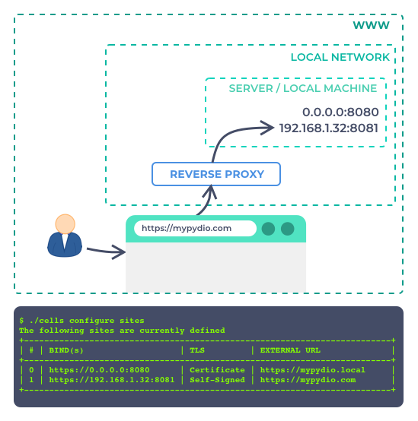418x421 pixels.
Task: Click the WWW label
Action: pos(371,25)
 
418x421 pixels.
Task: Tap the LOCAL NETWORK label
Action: pos(340,57)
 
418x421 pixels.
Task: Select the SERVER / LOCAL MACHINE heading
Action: pos(302,88)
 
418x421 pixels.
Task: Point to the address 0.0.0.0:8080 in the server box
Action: pos(340,112)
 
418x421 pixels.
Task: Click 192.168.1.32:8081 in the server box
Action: pos(329,128)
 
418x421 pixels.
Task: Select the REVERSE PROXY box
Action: pos(216,174)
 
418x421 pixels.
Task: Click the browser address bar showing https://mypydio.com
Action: pos(195,229)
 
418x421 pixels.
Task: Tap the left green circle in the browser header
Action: pos(268,229)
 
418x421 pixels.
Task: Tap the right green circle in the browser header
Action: pos(288,229)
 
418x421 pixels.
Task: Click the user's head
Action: pos(65,224)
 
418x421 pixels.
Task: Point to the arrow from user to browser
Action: pos(106,251)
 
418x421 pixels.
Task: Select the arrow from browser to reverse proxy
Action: pos(207,202)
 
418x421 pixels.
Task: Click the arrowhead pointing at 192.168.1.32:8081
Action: pos(266,128)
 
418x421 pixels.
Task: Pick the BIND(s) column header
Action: pos(66,350)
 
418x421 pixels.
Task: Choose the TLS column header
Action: pos(197,350)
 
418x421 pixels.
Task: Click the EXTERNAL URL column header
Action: pos(290,350)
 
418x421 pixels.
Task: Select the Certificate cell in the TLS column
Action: pos(217,370)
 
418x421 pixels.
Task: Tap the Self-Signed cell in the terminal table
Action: pos(217,380)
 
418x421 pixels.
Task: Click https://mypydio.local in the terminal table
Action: pos(313,370)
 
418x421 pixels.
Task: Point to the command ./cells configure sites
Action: pos(87,321)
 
